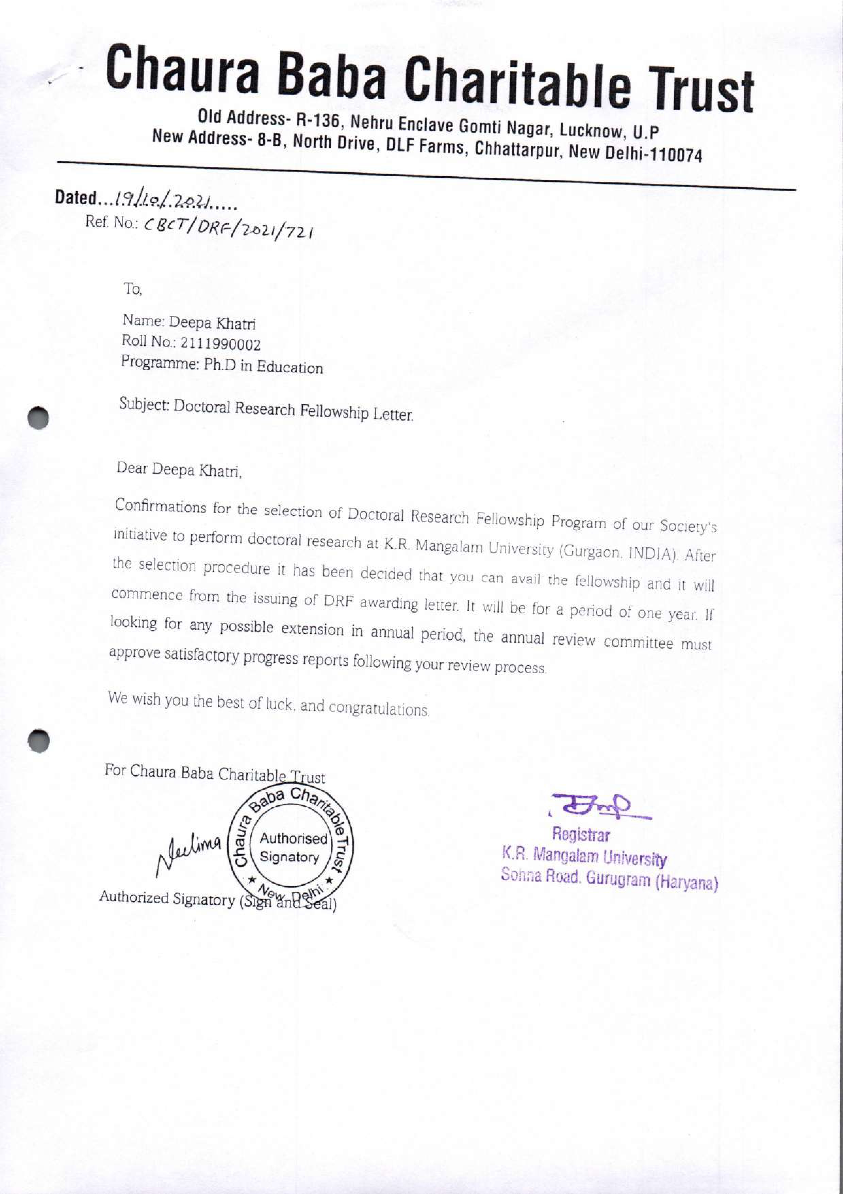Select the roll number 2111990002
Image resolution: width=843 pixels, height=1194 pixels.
point(220,344)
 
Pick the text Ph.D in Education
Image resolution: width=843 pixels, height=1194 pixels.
point(263,366)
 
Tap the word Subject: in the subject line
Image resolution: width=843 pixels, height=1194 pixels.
point(144,404)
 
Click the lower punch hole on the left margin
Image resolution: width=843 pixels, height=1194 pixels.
point(38,741)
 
